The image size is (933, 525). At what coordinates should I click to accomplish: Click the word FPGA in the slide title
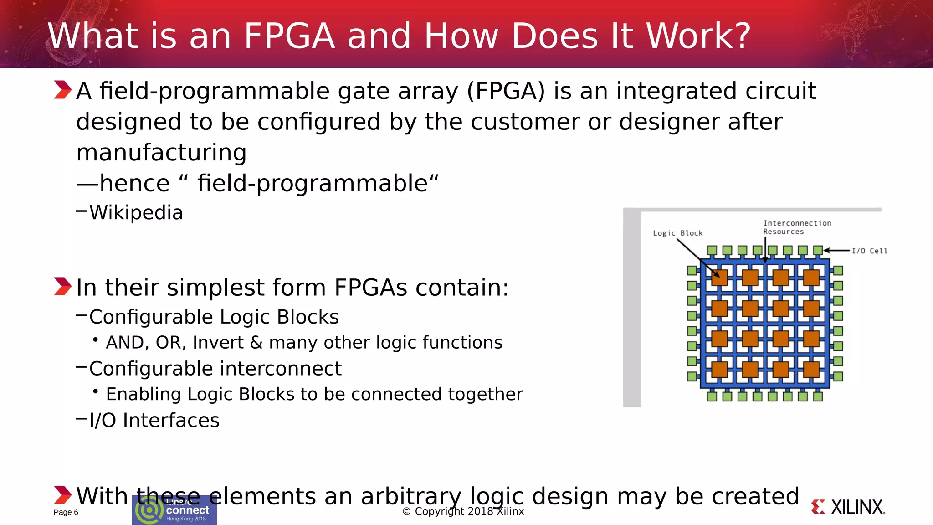(290, 36)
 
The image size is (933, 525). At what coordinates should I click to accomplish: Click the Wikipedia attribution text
(136, 213)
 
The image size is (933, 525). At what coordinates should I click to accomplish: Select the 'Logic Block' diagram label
(677, 233)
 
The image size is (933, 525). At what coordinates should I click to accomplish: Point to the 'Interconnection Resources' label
(797, 227)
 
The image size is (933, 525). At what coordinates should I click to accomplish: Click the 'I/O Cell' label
(869, 251)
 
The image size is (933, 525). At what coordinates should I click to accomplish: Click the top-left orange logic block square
(719, 277)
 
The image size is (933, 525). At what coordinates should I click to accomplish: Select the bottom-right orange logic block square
(811, 369)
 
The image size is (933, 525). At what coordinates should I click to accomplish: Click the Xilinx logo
(848, 507)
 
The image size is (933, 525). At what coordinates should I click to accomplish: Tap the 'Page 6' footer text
(66, 512)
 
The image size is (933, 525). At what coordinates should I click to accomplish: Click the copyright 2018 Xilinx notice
(463, 511)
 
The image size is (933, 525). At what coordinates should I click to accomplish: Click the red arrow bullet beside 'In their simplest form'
(62, 287)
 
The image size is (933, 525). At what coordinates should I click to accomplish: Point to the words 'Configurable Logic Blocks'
(214, 317)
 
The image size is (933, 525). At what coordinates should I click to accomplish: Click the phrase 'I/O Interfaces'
(154, 420)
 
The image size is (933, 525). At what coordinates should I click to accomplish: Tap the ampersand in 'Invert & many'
(256, 343)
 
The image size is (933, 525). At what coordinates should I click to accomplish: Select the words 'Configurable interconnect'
(215, 369)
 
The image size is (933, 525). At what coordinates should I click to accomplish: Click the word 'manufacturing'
(161, 152)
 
